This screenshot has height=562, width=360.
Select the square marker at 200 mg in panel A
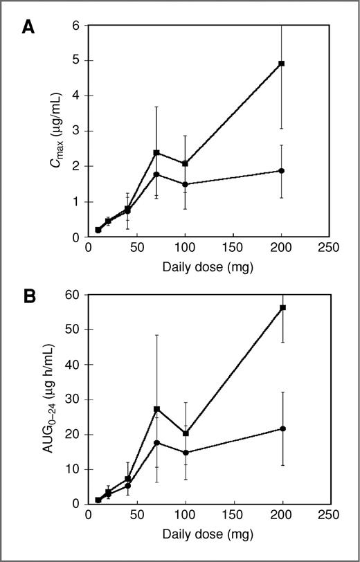coord(281,64)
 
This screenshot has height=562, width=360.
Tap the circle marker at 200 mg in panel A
coord(281,170)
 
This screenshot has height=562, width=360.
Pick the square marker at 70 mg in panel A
coord(156,152)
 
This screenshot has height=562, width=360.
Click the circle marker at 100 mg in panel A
coord(185,184)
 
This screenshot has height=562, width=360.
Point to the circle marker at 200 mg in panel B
coord(281,428)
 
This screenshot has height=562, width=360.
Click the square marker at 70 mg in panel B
coord(156,409)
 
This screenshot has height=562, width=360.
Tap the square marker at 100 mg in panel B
coord(185,433)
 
